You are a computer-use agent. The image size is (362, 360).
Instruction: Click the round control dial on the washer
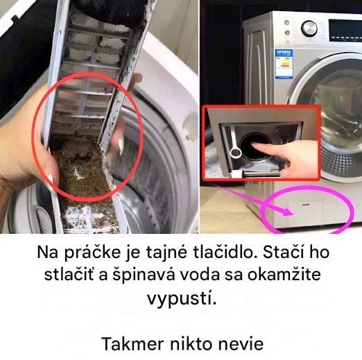[309, 28]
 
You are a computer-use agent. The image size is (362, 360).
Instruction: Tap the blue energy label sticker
[284, 64]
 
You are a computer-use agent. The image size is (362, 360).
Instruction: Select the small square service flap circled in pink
[306, 212]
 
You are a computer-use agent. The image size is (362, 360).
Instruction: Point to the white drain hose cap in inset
[236, 153]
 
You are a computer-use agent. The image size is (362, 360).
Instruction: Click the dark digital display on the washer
[345, 28]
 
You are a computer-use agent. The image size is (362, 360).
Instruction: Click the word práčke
[92, 252]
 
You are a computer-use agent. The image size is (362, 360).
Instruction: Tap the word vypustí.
[182, 298]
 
